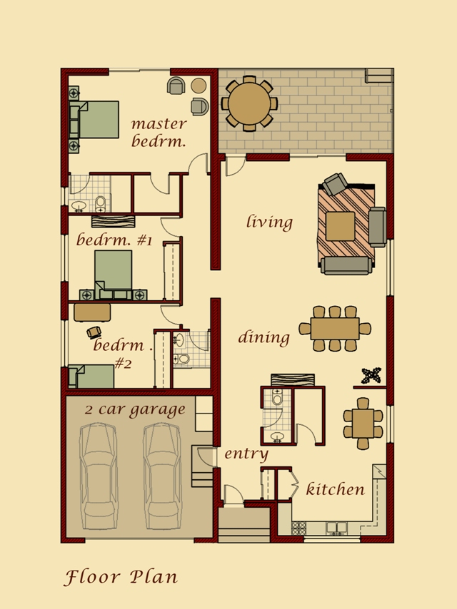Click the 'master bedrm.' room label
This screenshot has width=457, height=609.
point(159,133)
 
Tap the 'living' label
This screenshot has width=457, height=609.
point(269,222)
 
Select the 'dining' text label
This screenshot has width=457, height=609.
point(263,337)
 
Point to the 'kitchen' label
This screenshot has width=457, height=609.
point(335,489)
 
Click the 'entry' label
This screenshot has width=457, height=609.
point(246,454)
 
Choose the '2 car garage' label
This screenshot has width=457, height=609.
point(135,410)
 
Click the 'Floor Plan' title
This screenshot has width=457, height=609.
point(121,576)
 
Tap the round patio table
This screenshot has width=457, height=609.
point(248,103)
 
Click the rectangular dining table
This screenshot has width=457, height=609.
point(335,329)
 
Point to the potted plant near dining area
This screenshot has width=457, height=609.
point(372,375)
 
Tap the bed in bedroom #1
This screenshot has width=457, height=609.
point(114,272)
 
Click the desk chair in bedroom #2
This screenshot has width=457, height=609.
point(94,332)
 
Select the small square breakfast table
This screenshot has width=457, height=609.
point(363,423)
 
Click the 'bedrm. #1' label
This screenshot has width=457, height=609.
point(114,240)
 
